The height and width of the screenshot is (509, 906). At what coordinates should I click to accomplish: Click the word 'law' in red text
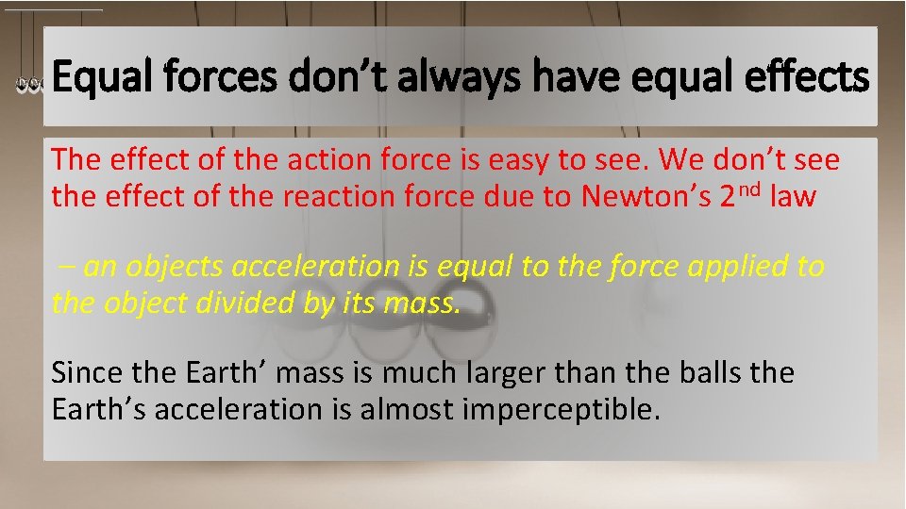pyautogui.click(x=793, y=198)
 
